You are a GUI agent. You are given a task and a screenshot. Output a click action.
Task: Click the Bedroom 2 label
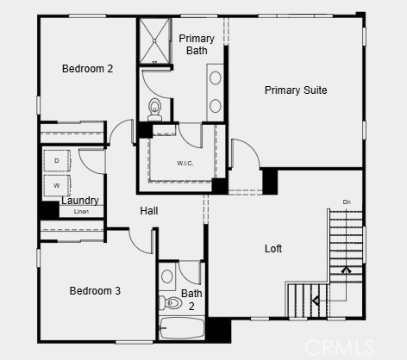coord(87,69)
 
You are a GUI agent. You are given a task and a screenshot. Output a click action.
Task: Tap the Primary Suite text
coord(296,90)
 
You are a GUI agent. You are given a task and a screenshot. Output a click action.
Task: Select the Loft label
coord(273,249)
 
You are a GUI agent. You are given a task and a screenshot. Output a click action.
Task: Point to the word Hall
coord(149,211)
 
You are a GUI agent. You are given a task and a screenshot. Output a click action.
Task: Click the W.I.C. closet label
coord(185,164)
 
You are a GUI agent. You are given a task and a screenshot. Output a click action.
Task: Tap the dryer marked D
coord(57,160)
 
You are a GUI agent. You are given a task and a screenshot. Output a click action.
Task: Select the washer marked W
coord(57,185)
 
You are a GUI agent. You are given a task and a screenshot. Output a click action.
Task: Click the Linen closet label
coord(81,212)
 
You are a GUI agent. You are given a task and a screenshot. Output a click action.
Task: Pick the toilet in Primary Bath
coord(155,109)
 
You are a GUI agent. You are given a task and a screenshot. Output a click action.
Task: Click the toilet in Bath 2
coord(171,302)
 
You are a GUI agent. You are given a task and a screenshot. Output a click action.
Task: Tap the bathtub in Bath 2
coord(182,328)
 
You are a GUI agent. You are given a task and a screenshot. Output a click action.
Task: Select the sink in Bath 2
coord(167,276)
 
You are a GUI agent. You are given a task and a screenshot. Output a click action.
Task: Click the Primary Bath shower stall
coord(154,40)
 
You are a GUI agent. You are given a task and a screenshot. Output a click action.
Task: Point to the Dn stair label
coord(347,202)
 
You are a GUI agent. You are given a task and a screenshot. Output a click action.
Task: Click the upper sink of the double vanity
coord(216,78)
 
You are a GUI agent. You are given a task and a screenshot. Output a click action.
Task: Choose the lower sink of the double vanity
coord(216,106)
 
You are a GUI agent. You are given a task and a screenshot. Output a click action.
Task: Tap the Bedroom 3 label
coord(95,291)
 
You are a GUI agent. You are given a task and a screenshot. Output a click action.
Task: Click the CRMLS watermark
coord(339,347)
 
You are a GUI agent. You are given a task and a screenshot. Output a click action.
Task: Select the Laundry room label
coord(80,201)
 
